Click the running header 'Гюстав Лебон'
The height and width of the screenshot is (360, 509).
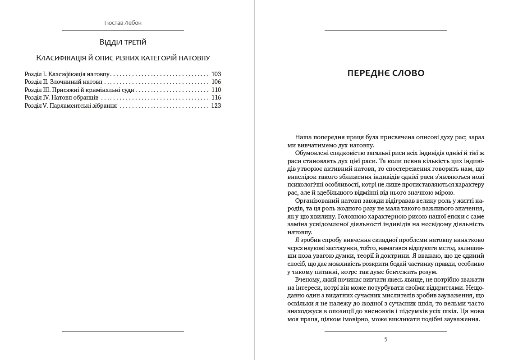[x=123, y=23]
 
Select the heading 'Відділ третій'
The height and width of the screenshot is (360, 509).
[x=123, y=42]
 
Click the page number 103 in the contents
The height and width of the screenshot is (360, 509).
[x=216, y=74]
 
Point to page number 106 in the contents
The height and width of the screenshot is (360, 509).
[x=216, y=82]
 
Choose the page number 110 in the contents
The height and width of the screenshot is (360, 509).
[x=216, y=90]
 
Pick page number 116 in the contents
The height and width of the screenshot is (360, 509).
[x=216, y=98]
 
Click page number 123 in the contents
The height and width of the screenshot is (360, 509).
[x=216, y=106]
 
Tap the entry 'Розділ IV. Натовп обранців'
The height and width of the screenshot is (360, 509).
[x=61, y=98]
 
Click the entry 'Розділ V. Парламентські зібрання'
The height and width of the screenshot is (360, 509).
[x=70, y=106]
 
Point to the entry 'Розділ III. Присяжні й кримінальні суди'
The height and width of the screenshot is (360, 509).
[x=79, y=90]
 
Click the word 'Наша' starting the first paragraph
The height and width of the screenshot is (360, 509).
[x=303, y=137]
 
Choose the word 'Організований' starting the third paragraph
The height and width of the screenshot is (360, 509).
[x=316, y=201]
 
